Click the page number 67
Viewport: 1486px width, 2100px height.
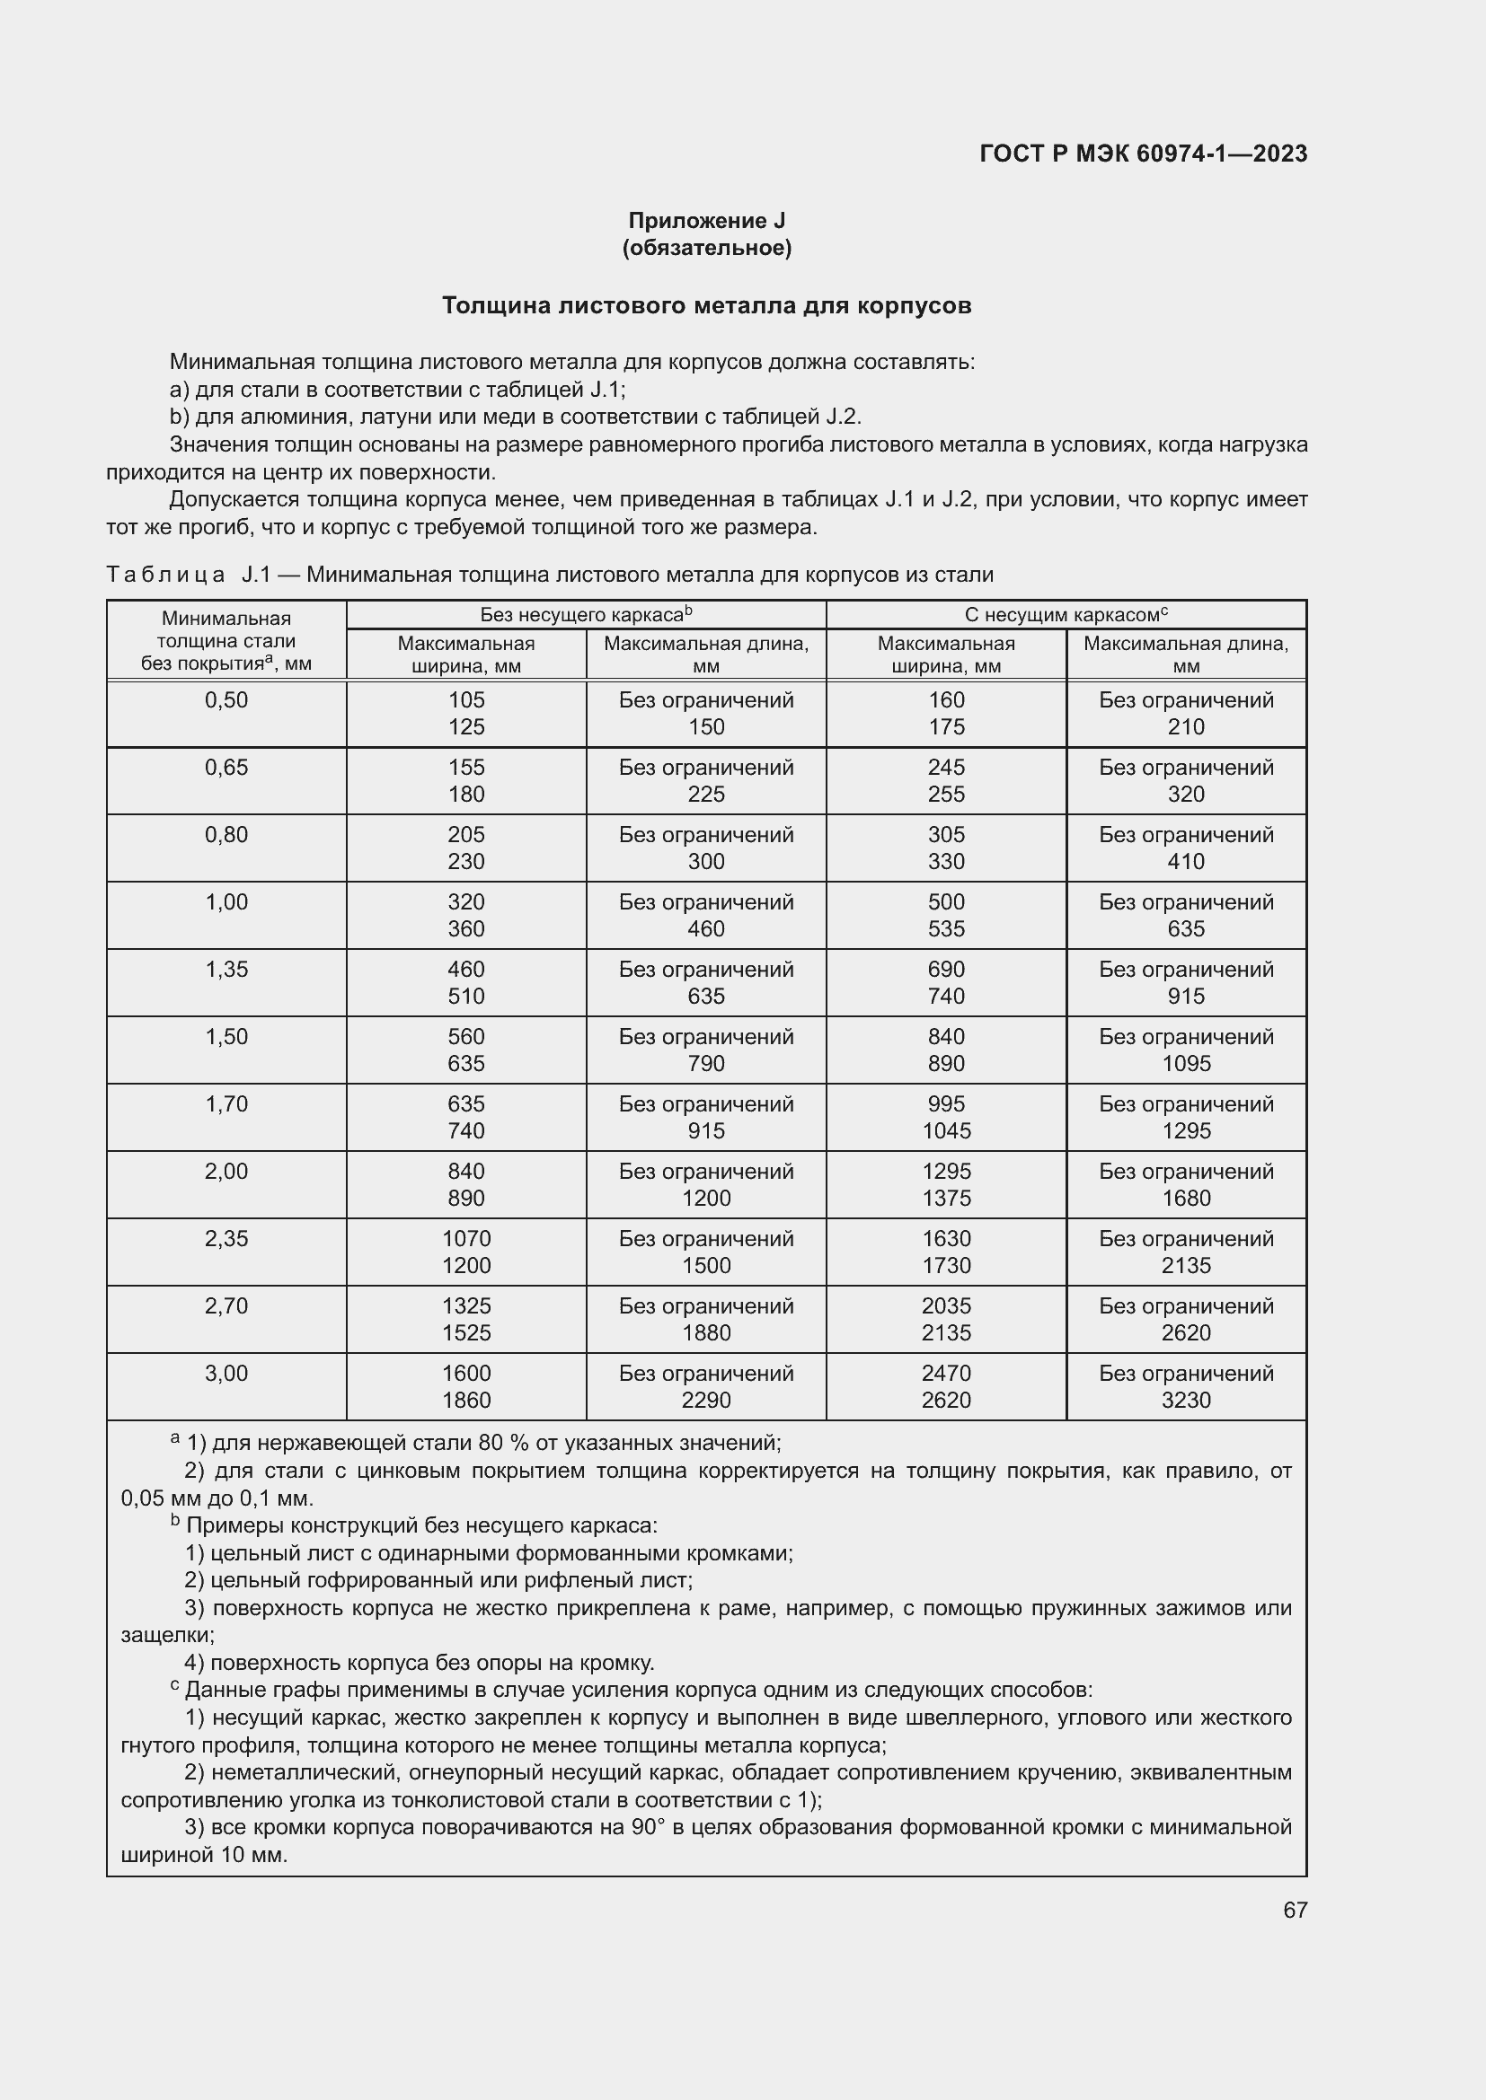tap(1295, 1910)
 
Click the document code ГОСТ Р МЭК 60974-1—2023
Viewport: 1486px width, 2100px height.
tap(1143, 154)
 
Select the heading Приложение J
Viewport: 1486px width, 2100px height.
tap(705, 221)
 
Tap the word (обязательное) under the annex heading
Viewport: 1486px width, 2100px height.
tap(705, 248)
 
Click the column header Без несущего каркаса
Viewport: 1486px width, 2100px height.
tap(586, 615)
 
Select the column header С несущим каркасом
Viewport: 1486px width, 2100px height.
tap(1066, 615)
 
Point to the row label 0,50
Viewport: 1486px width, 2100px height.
tap(226, 699)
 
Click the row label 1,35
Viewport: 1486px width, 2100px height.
tap(226, 969)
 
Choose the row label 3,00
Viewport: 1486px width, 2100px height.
tap(226, 1373)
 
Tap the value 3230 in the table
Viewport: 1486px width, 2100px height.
tap(1186, 1401)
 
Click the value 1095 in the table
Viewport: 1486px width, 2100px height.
tap(1186, 1064)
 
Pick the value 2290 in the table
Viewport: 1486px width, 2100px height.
tap(705, 1401)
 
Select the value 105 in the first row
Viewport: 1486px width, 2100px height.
tap(465, 699)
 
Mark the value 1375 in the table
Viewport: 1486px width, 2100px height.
tap(946, 1199)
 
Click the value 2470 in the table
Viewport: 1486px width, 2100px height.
tap(946, 1373)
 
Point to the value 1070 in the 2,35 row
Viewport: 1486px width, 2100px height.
tap(465, 1238)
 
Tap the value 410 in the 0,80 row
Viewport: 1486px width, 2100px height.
tap(1186, 862)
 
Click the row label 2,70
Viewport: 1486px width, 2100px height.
tap(226, 1306)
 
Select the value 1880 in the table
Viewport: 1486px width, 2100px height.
tap(705, 1332)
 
